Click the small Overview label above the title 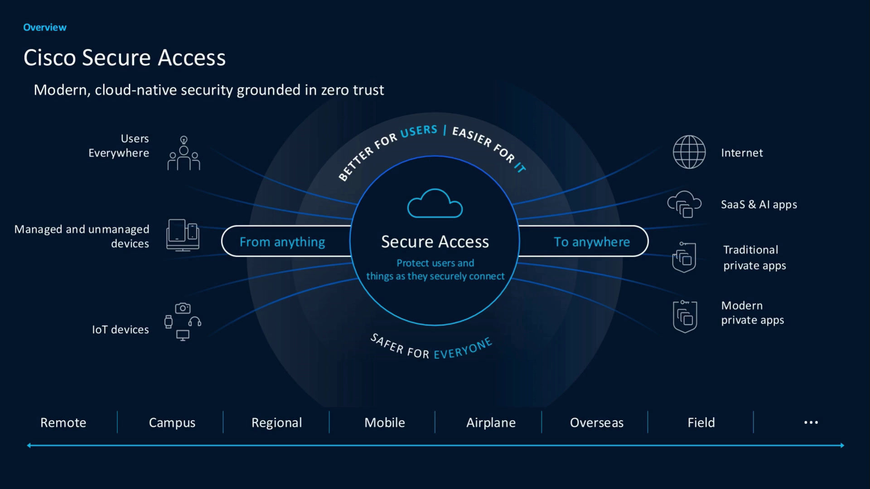(45, 28)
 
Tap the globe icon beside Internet (689, 152)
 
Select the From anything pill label (282, 242)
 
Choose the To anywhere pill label (592, 242)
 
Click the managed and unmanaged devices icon (183, 235)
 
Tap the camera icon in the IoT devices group (183, 308)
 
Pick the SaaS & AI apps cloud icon (684, 204)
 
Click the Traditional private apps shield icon (684, 257)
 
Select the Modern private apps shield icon (685, 316)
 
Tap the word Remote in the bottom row (63, 422)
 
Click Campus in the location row (172, 423)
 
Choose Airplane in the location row (491, 423)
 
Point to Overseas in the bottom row (597, 422)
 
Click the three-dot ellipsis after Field (811, 422)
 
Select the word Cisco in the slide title (49, 58)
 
